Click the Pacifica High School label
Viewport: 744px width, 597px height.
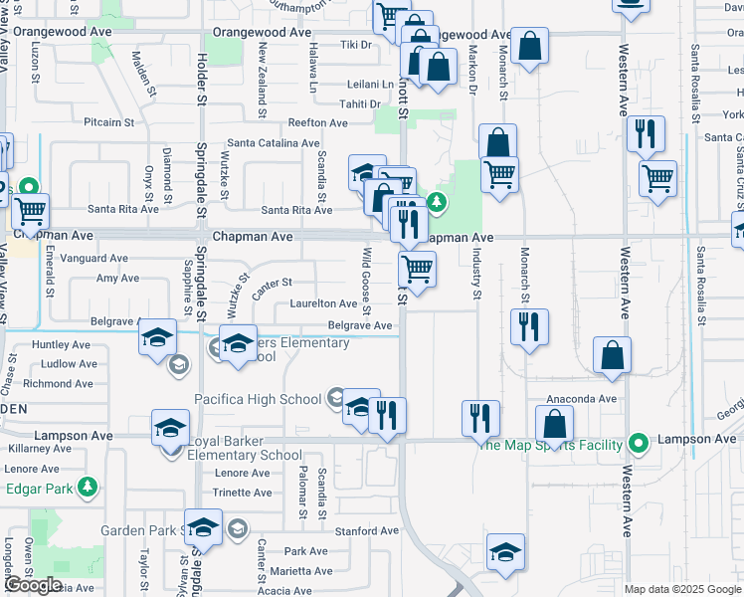(257, 399)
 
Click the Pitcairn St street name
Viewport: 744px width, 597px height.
(108, 122)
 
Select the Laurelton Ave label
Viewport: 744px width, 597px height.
(322, 303)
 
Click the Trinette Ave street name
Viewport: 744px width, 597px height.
(242, 493)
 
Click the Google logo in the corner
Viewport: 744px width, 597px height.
(32, 584)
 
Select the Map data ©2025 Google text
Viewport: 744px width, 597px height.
(682, 589)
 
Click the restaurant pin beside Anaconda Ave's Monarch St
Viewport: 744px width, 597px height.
(528, 326)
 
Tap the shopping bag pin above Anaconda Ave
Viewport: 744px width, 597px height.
(611, 355)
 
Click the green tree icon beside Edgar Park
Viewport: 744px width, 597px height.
(90, 486)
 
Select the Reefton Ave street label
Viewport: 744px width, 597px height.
(317, 123)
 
